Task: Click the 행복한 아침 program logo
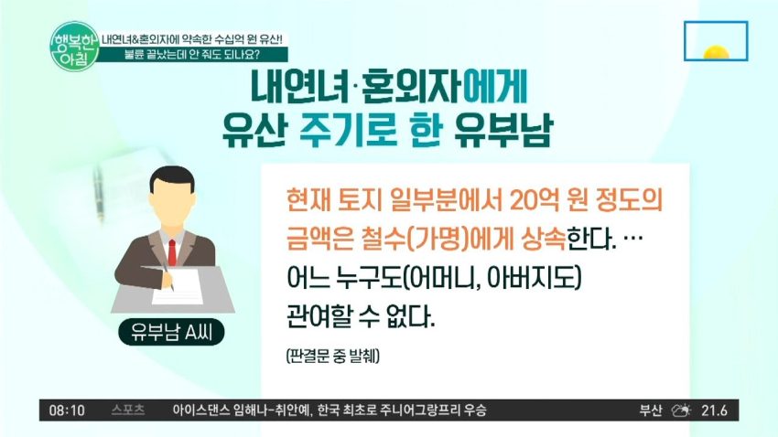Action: [x=75, y=46]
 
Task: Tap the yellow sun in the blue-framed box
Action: [x=716, y=52]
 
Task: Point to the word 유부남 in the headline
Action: [x=502, y=131]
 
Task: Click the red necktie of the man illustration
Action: [x=172, y=251]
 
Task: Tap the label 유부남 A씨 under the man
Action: [x=172, y=333]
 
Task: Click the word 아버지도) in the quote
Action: [x=534, y=278]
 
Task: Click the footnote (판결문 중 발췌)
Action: [x=333, y=356]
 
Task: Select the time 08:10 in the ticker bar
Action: [x=67, y=410]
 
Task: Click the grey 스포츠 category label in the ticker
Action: [x=128, y=410]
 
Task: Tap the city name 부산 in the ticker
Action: [x=651, y=410]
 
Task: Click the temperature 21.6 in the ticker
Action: [x=715, y=410]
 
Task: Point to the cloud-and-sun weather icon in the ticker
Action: [x=681, y=410]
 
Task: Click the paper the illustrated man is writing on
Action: [x=178, y=286]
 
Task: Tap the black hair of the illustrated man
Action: [x=172, y=177]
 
